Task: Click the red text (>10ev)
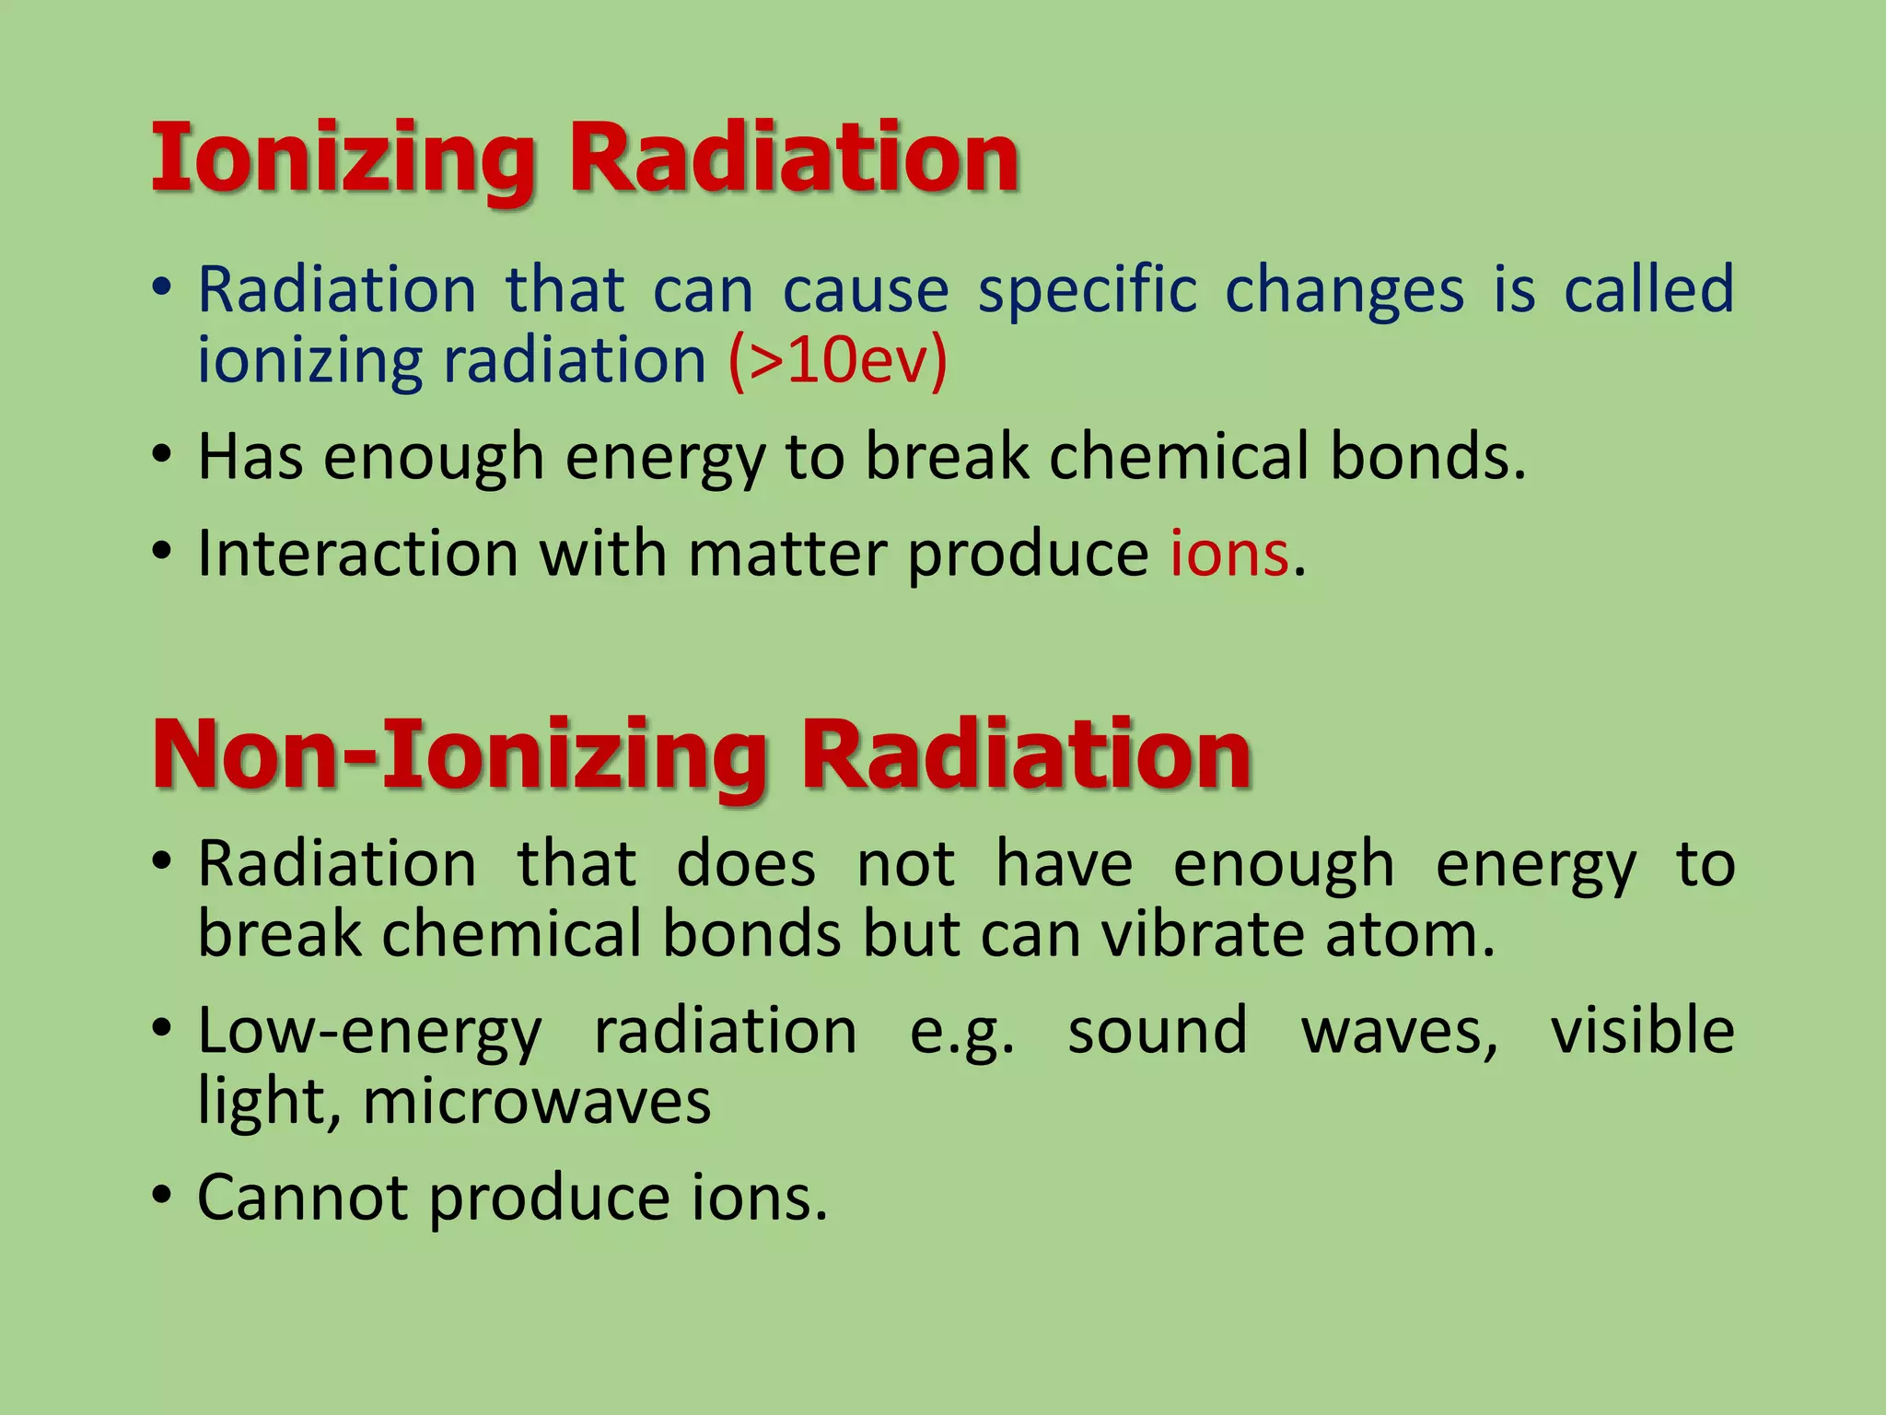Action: point(837,361)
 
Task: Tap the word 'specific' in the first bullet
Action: point(1088,291)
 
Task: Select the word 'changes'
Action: point(1344,291)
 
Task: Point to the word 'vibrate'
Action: point(1203,934)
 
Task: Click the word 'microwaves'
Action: point(537,1102)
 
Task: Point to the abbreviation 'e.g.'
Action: point(961,1032)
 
